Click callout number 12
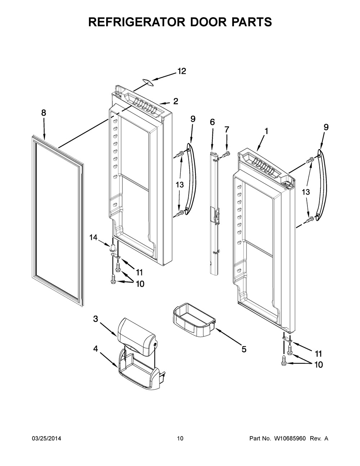click(181, 71)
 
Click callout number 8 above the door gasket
click(44, 113)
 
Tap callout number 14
click(93, 237)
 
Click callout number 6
click(212, 122)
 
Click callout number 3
click(95, 325)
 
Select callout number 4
click(95, 349)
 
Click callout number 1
click(266, 131)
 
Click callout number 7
click(226, 129)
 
